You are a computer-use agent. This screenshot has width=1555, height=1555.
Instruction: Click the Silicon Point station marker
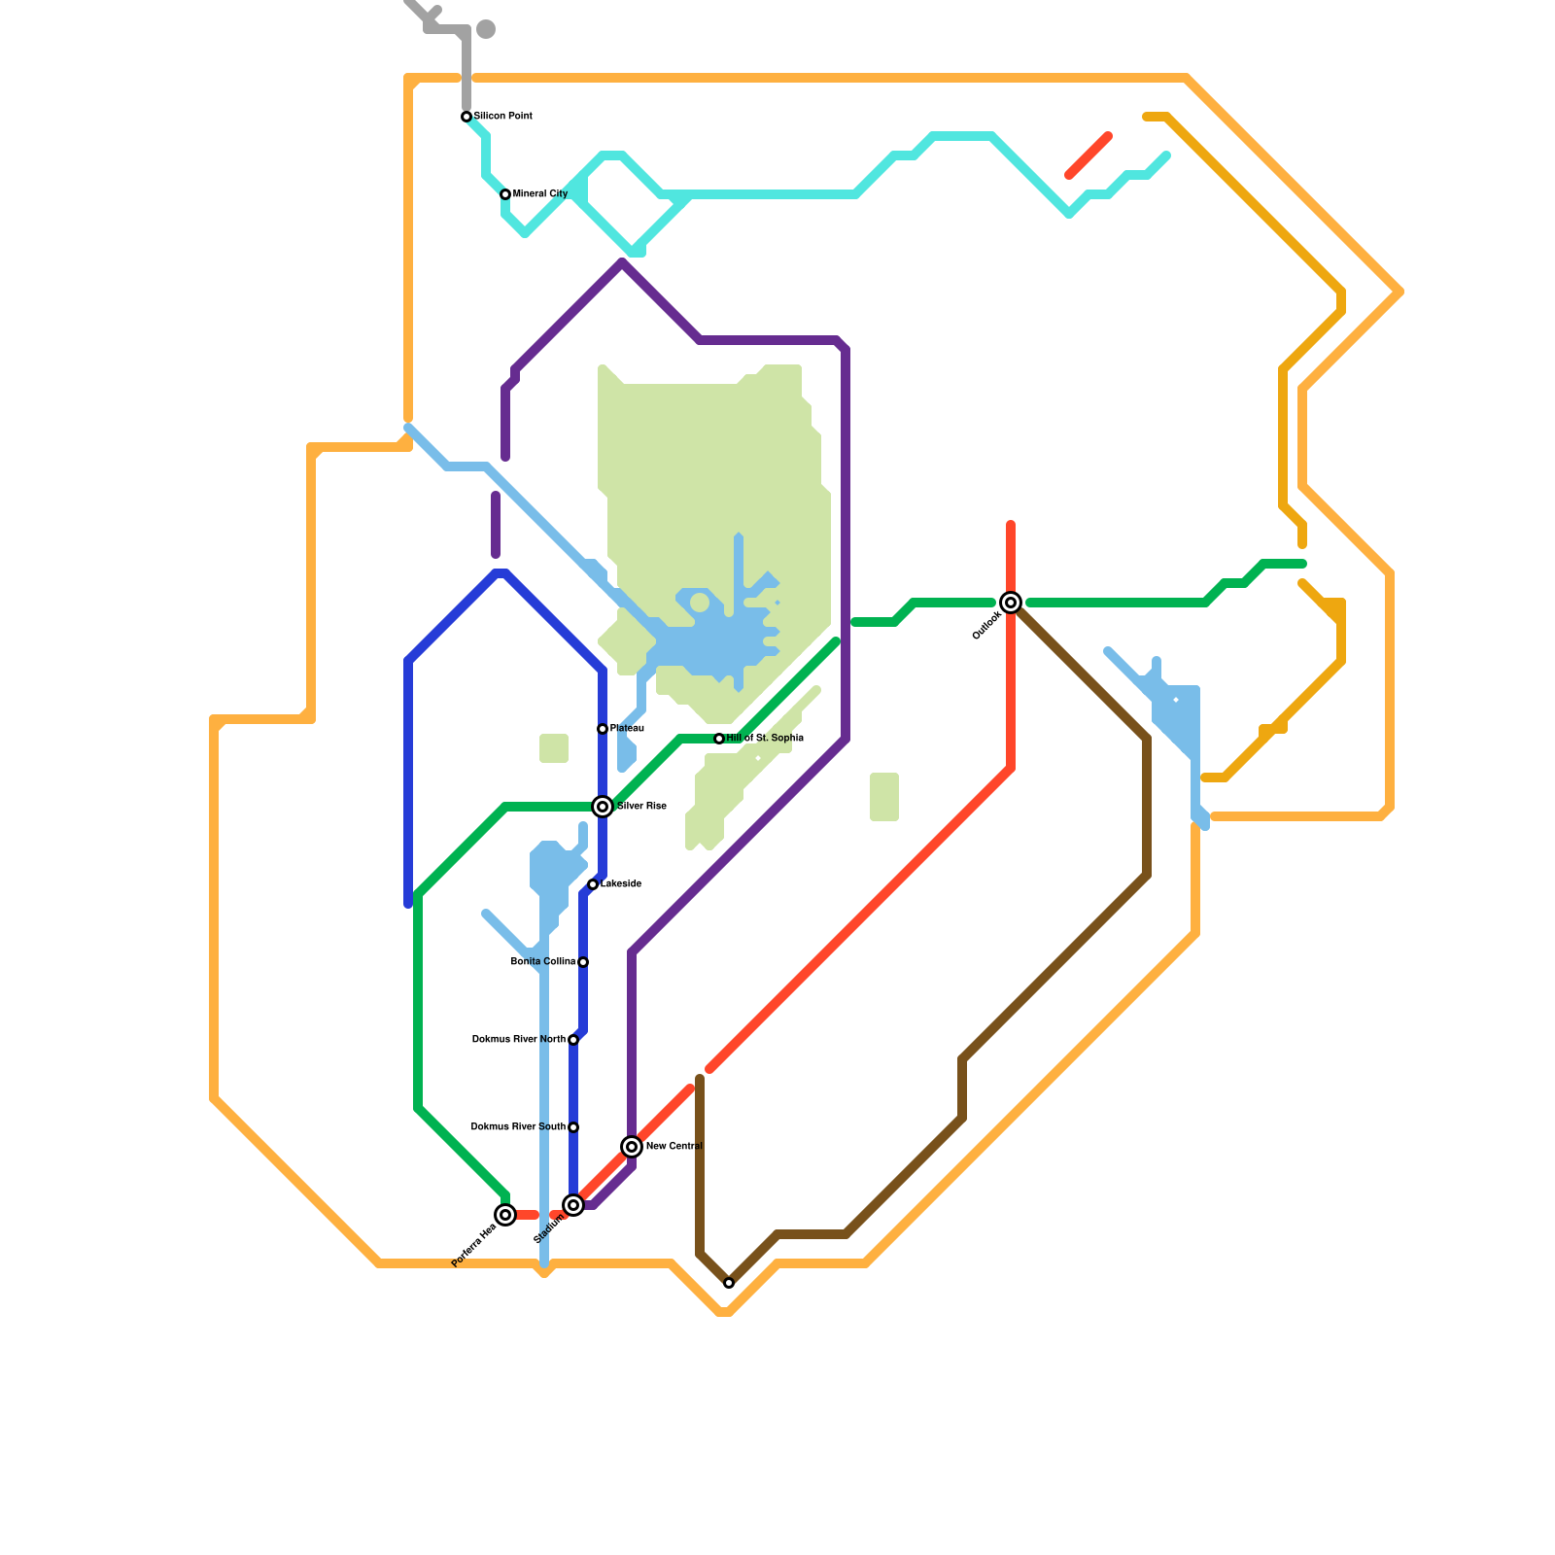(466, 117)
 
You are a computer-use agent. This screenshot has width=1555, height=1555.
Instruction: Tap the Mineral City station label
(540, 194)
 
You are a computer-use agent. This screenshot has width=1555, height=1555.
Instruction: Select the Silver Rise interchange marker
(603, 807)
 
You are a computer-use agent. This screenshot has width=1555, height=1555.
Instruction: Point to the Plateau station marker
(603, 729)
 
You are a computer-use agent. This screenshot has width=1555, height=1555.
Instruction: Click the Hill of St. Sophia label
(765, 739)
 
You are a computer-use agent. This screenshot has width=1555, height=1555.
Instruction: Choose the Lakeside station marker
(593, 884)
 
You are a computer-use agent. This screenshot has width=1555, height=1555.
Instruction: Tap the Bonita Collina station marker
(583, 962)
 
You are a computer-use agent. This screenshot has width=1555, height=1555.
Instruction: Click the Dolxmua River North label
(518, 1040)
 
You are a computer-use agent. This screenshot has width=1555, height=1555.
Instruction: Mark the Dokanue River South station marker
(573, 1127)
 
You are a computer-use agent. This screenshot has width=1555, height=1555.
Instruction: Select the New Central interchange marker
(632, 1147)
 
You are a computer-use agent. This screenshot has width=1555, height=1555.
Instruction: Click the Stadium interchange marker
(573, 1205)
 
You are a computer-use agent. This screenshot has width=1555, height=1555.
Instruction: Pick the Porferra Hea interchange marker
(505, 1215)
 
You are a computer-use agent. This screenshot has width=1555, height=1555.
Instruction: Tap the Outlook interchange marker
(1011, 603)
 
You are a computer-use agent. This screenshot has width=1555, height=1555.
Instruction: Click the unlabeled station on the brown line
(729, 1283)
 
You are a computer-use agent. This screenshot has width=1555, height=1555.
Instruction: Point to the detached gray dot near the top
(486, 29)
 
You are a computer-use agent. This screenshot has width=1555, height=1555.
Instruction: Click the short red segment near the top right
(1088, 155)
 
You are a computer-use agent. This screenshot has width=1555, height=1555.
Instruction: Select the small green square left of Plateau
(554, 748)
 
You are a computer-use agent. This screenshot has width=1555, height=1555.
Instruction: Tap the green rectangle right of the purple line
(884, 797)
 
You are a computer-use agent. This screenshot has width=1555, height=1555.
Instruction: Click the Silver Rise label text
(641, 807)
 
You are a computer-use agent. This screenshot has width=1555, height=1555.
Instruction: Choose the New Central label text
(674, 1147)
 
